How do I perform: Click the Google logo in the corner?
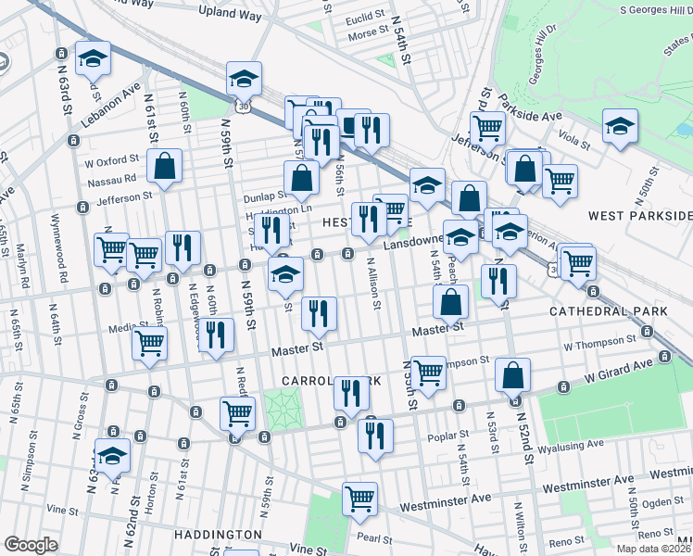pyautogui.click(x=31, y=545)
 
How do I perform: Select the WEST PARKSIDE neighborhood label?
pyautogui.click(x=639, y=215)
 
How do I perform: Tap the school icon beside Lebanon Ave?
pyautogui.click(x=93, y=60)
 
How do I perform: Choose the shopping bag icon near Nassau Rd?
pyautogui.click(x=164, y=168)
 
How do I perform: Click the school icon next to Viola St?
pyautogui.click(x=620, y=128)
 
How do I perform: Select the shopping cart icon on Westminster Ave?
pyautogui.click(x=359, y=499)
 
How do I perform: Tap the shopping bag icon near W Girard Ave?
pyautogui.click(x=512, y=375)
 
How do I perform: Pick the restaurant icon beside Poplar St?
pyautogui.click(x=375, y=437)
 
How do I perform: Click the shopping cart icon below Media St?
pyautogui.click(x=149, y=344)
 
